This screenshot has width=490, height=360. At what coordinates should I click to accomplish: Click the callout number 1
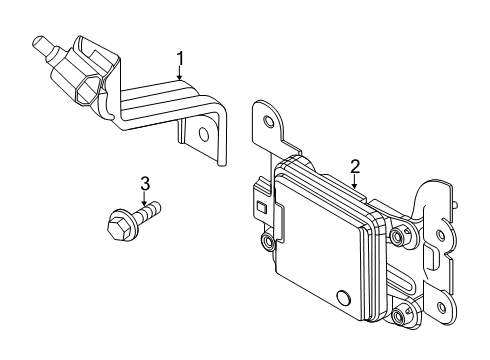180,59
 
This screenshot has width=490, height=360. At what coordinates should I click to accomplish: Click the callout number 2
355,167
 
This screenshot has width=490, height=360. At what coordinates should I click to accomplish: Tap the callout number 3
145,184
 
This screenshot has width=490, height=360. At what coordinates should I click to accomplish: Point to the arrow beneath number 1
180,74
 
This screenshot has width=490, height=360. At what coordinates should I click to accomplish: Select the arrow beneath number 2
355,181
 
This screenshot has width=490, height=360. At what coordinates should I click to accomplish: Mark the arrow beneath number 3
144,198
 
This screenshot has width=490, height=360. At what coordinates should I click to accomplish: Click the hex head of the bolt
118,225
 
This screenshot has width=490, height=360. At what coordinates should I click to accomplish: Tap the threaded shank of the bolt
148,211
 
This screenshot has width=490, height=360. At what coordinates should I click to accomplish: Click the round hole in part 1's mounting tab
203,134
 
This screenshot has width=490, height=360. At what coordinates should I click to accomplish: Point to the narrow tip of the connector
39,44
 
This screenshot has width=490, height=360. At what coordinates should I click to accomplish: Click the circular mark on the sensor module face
343,296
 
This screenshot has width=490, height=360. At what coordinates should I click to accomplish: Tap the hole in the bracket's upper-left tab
267,120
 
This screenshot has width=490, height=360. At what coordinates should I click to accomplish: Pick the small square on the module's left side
261,208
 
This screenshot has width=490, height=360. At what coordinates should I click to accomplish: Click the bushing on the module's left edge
267,241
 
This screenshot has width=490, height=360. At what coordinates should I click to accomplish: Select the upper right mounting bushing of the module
396,237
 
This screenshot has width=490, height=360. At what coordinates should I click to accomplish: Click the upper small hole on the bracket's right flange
440,235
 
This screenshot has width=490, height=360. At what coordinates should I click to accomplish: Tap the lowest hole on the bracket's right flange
442,306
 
